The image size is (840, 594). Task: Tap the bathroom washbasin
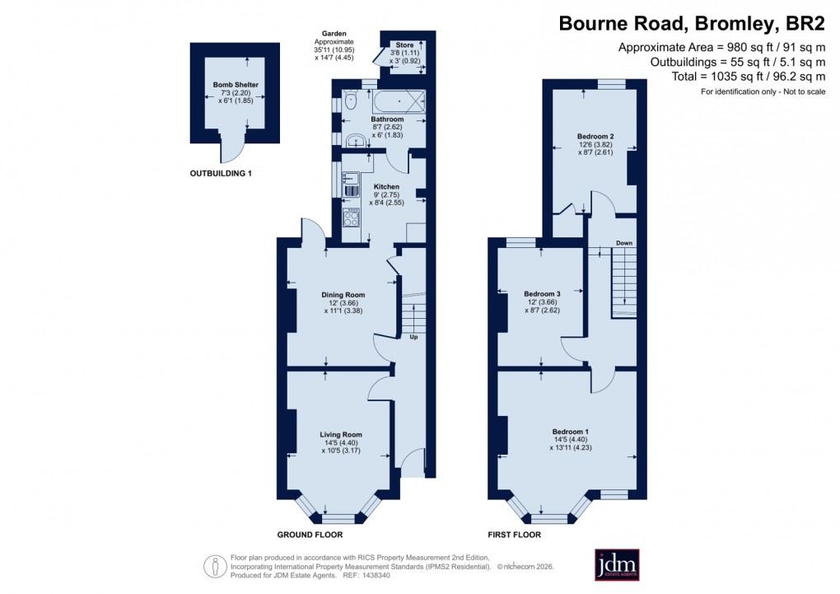pos(356,139)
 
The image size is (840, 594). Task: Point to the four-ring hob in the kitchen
pos(352,217)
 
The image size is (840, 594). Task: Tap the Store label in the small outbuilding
pos(404,44)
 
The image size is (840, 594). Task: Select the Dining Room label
pos(343,294)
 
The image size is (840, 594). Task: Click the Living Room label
pos(341,434)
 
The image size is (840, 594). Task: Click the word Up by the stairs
pos(413,337)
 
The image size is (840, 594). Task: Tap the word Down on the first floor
pos(624,243)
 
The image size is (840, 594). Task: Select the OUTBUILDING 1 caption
pos(221,174)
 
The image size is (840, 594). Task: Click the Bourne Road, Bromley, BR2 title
pos(692,23)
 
